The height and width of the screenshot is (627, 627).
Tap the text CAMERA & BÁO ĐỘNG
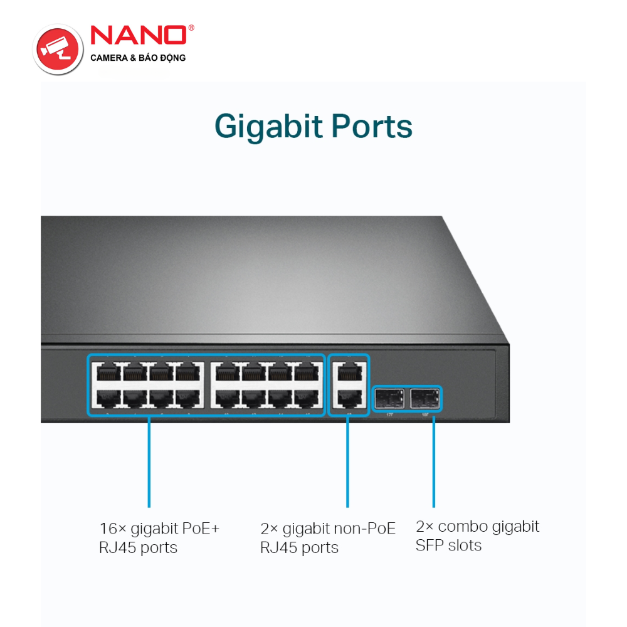coord(138,58)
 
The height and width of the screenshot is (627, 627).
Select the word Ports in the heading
coord(372,126)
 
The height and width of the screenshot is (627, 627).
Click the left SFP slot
coord(389,398)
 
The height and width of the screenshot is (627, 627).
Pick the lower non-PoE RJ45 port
coord(349,398)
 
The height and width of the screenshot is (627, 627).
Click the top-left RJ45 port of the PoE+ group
coord(105,373)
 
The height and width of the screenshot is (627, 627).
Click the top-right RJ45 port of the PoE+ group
coord(307,373)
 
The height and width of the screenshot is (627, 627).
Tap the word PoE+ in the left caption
coord(201,529)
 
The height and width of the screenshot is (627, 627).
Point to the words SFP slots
coord(448,545)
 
